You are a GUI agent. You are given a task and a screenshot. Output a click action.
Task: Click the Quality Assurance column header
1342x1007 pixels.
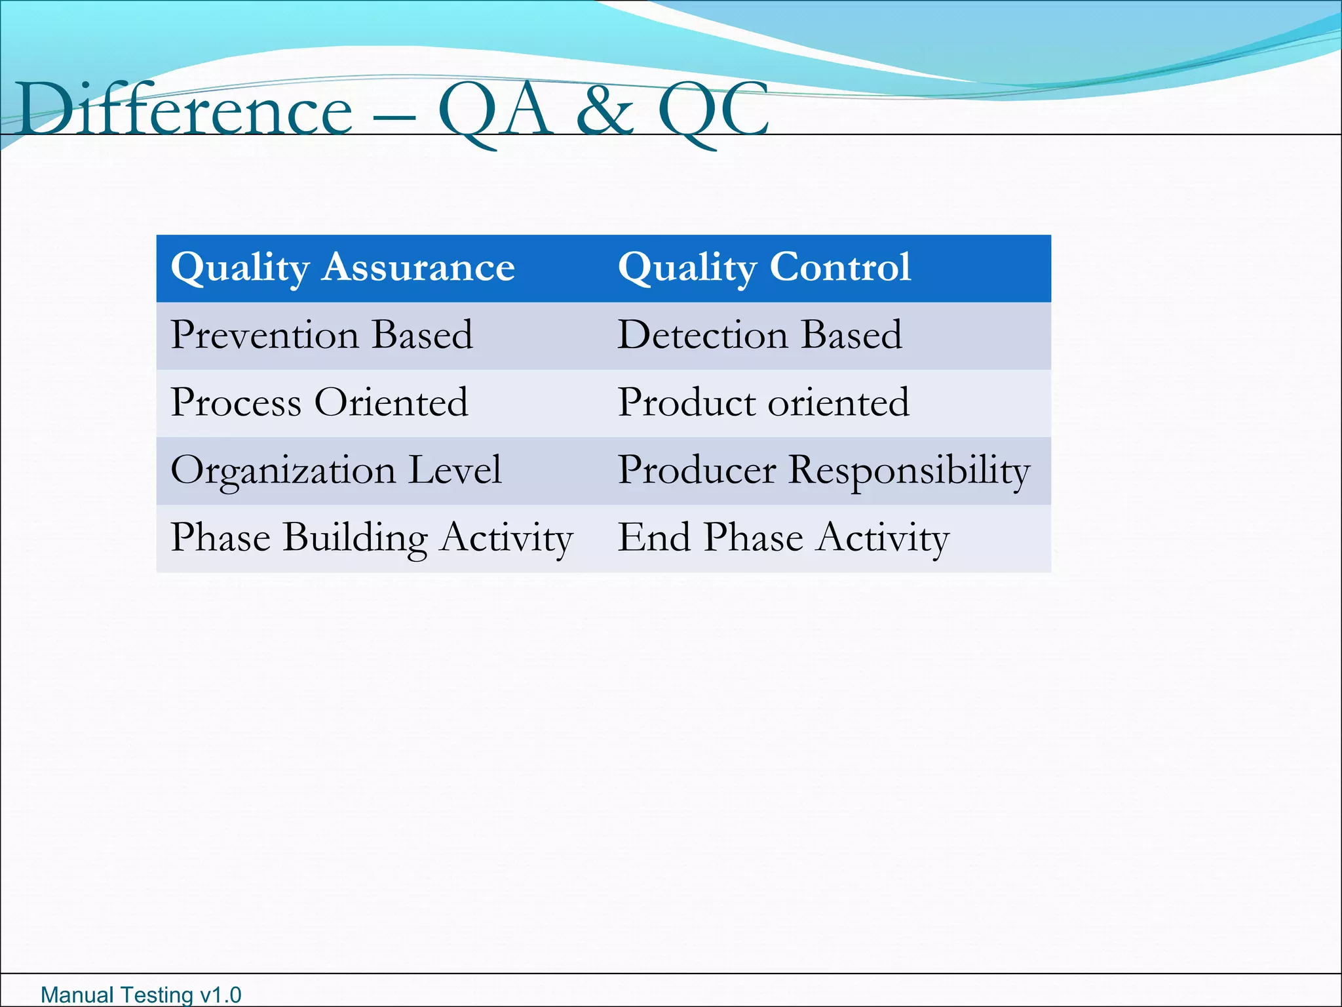pos(343,268)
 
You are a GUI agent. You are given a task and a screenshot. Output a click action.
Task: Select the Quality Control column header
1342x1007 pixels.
pos(764,268)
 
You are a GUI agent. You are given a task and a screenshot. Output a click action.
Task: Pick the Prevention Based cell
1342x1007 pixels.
pos(321,335)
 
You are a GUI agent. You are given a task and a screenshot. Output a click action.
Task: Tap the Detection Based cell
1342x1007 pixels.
pos(759,335)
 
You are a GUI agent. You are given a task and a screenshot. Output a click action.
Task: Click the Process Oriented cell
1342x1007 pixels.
pos(319,403)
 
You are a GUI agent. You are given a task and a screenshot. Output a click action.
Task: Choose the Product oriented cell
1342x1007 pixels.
pos(763,403)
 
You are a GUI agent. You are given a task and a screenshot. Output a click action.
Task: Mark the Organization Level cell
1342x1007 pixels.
pos(336,471)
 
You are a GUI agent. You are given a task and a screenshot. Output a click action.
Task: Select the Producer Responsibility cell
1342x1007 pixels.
pos(824,471)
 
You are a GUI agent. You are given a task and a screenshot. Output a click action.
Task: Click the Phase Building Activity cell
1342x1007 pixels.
pos(372,538)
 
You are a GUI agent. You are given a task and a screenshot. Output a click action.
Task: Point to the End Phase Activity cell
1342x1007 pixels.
pos(783,538)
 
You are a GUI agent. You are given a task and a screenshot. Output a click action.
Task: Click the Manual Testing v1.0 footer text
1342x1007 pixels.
pos(141,995)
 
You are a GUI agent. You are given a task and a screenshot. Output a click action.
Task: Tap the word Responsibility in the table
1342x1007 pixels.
pos(909,471)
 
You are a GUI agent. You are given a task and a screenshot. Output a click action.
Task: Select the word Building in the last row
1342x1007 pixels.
pos(355,538)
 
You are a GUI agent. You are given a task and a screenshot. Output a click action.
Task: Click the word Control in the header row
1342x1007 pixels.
pos(840,268)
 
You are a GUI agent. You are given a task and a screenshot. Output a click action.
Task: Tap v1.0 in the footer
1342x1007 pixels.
pos(220,995)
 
